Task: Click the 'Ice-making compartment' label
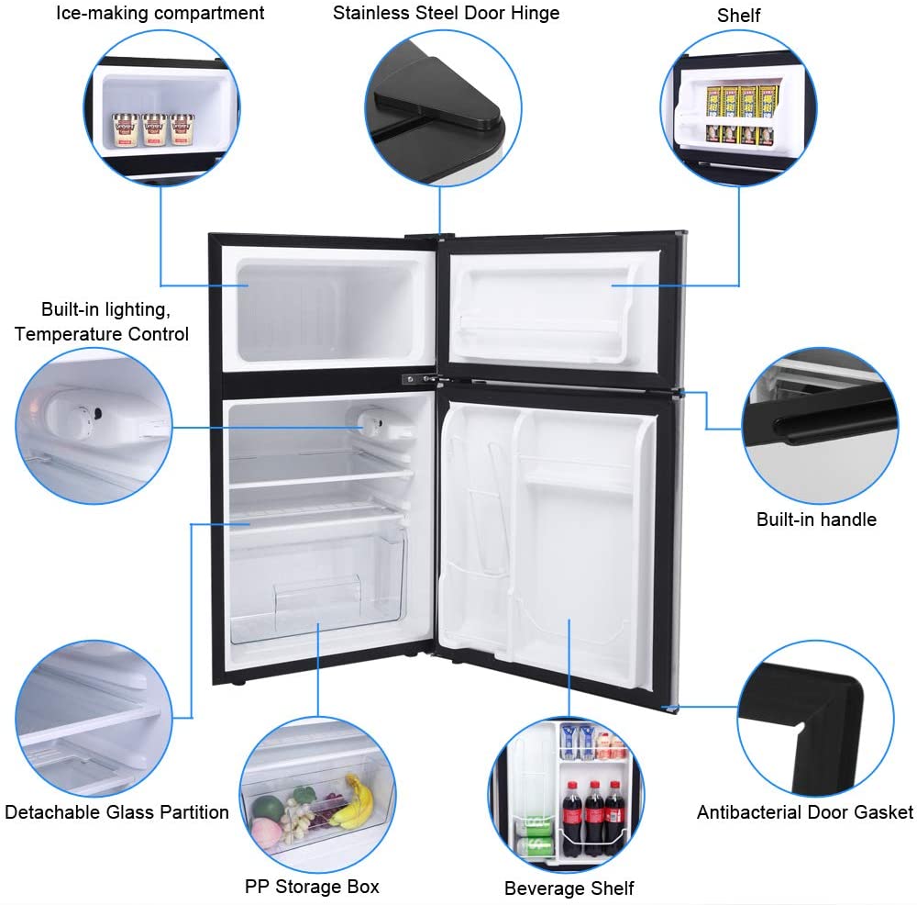[x=160, y=13]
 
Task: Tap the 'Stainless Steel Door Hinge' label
[x=446, y=13]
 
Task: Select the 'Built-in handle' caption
[x=816, y=520]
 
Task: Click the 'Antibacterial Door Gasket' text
[x=804, y=812]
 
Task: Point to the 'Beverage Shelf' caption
[x=569, y=888]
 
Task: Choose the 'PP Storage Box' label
[x=312, y=887]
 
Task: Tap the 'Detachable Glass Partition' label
[x=116, y=812]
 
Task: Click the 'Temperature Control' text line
[x=102, y=334]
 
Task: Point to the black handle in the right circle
[x=816, y=428]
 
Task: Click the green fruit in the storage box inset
[x=267, y=808]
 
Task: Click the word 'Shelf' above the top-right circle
[x=738, y=15]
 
